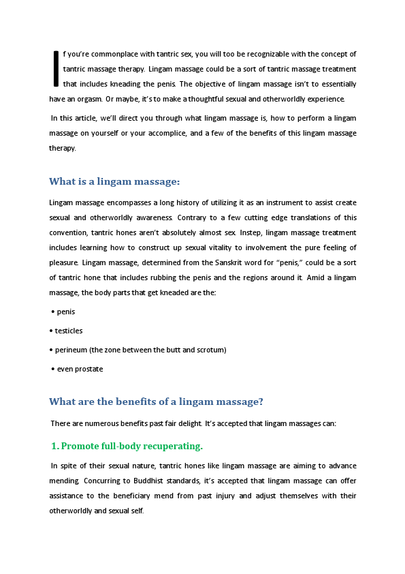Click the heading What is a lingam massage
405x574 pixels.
tap(114, 181)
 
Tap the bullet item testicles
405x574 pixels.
tap(69, 331)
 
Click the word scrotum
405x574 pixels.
tap(208, 350)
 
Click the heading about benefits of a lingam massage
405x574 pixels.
tap(156, 402)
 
